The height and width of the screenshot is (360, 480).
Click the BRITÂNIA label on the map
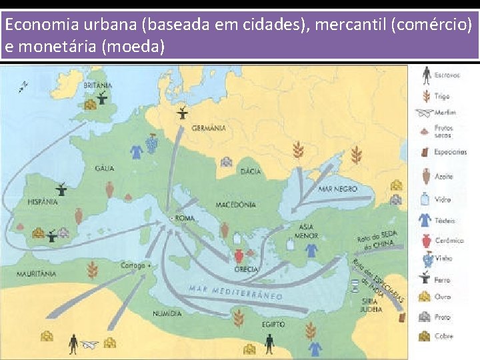(x=98, y=85)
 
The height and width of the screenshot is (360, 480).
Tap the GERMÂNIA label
(x=209, y=128)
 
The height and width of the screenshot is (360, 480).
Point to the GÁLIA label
(x=104, y=169)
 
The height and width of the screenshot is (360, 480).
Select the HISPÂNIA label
(x=42, y=201)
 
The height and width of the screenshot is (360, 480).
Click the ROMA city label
(x=184, y=218)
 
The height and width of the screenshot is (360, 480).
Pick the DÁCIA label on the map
(x=250, y=171)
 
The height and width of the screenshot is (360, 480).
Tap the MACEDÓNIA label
(x=235, y=205)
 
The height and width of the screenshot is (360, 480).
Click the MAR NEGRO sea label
(x=337, y=189)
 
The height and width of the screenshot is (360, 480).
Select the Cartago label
(x=133, y=265)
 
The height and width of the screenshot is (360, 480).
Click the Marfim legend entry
(x=445, y=113)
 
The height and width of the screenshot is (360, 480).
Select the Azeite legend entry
(x=443, y=177)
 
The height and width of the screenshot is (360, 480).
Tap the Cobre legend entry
(x=443, y=336)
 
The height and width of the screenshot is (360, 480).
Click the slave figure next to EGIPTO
(x=269, y=343)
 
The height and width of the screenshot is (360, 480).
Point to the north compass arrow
(x=25, y=85)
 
